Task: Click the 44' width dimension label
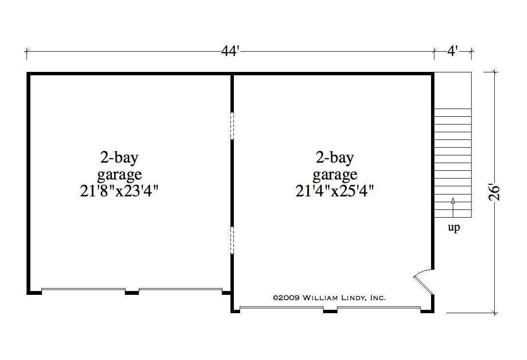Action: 230,51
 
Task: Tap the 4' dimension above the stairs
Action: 452,51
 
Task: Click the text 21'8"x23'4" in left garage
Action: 120,191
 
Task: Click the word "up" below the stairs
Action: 454,228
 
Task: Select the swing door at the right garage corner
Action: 423,282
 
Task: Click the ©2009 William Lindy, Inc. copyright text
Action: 329,298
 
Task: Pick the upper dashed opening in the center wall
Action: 232,126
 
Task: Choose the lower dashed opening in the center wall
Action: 232,240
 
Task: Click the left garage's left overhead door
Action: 83,290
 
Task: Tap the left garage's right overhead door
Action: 180,290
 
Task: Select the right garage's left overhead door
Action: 281,308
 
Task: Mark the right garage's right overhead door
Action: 378,308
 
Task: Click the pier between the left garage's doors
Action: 132,291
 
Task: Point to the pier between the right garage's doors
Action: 330,310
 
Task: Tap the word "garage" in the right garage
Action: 335,174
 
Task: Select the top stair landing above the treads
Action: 453,90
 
